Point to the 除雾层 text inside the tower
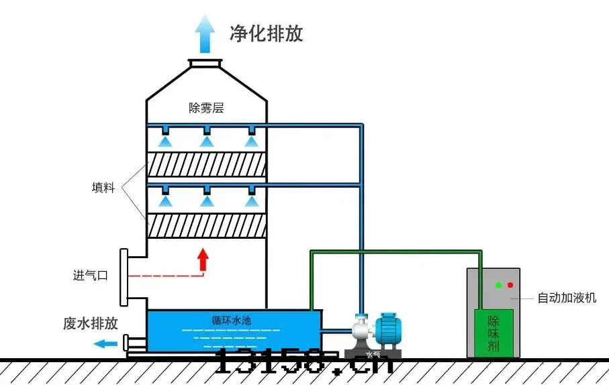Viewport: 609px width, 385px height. click(206, 107)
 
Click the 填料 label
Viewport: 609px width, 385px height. click(103, 187)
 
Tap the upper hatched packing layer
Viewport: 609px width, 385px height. click(206, 165)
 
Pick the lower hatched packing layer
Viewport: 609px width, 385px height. click(206, 225)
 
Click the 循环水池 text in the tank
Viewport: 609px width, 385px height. click(231, 321)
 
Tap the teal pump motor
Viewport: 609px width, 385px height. click(387, 331)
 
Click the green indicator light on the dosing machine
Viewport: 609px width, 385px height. click(498, 284)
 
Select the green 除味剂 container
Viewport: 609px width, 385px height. click(494, 333)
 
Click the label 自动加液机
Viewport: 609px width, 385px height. click(567, 298)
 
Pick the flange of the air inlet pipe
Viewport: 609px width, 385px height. click(124, 276)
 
